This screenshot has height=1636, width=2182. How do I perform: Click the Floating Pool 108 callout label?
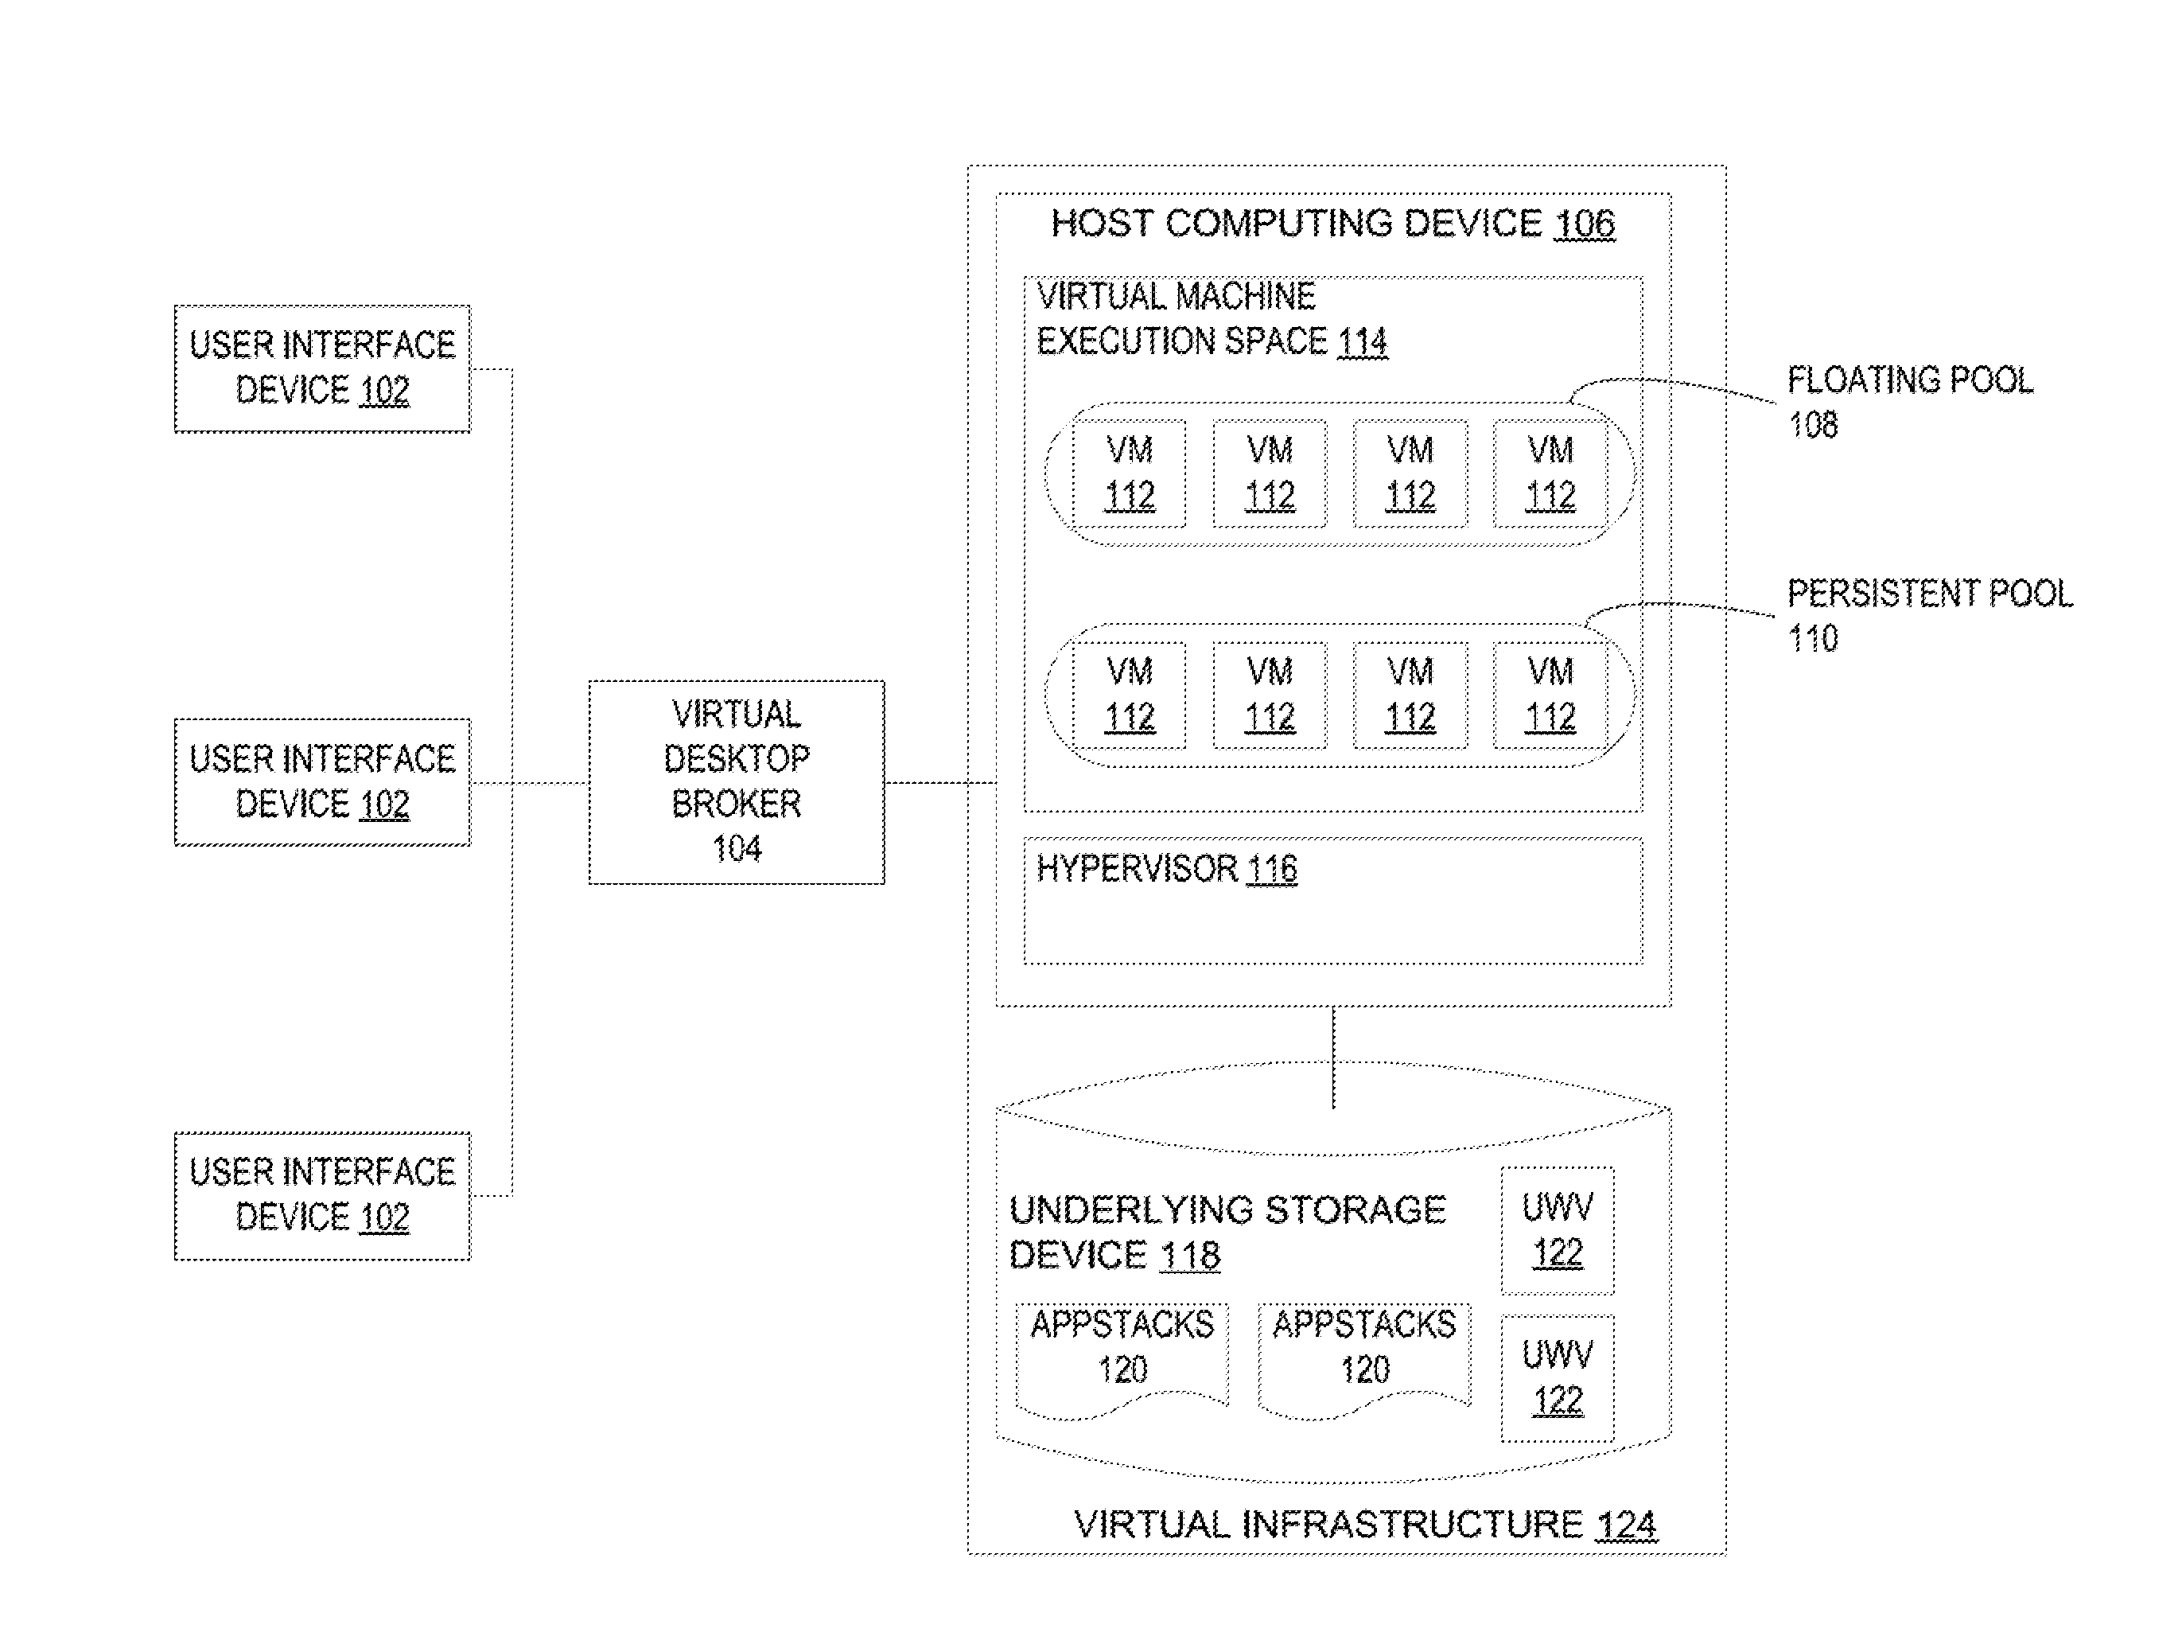[x=1910, y=403]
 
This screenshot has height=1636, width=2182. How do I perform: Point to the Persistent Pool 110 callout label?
[x=1930, y=616]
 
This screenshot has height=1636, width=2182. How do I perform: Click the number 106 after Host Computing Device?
[x=1585, y=224]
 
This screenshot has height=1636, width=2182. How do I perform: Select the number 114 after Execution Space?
[x=1363, y=342]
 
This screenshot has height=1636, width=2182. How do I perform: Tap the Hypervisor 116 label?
[x=1167, y=868]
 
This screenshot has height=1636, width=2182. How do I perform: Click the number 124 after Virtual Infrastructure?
[x=1626, y=1525]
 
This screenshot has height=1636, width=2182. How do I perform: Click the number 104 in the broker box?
[x=737, y=848]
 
